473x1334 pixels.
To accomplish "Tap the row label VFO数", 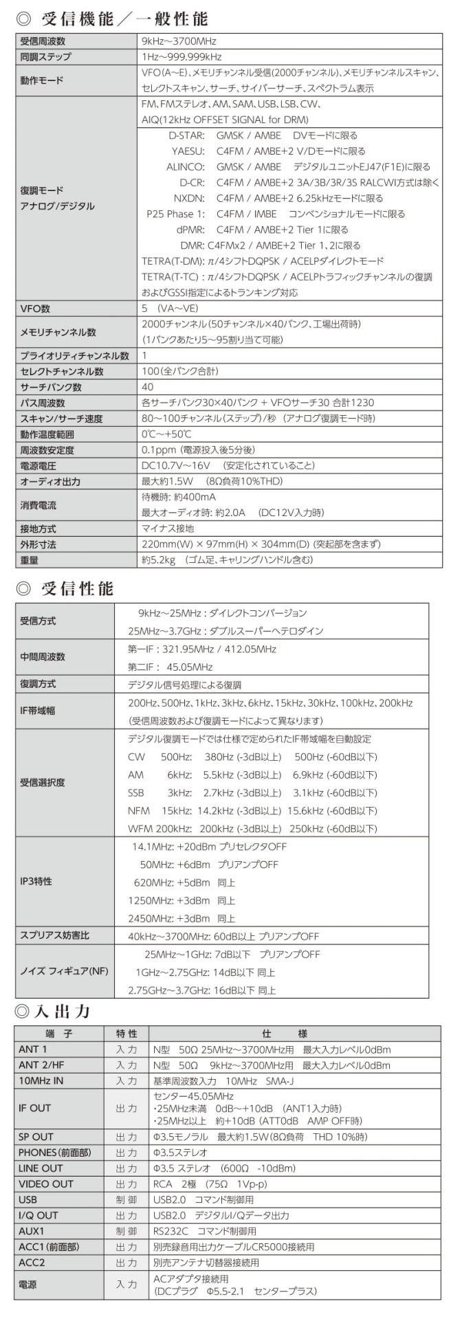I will click(35, 309).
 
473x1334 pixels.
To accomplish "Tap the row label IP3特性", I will click(36, 880).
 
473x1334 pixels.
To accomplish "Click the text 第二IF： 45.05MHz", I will click(170, 667).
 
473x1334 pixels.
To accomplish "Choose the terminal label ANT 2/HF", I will click(42, 1065).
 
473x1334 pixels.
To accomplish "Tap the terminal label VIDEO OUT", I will click(45, 1183).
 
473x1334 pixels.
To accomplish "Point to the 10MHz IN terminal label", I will click(41, 1080).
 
